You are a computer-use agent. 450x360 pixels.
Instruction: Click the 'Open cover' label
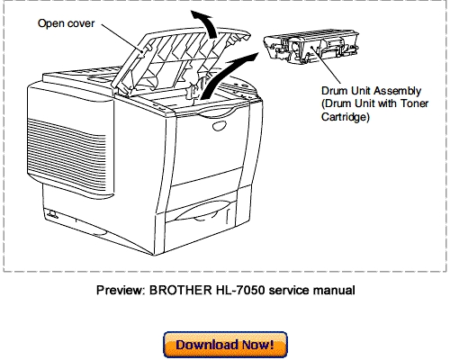[x=65, y=23]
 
